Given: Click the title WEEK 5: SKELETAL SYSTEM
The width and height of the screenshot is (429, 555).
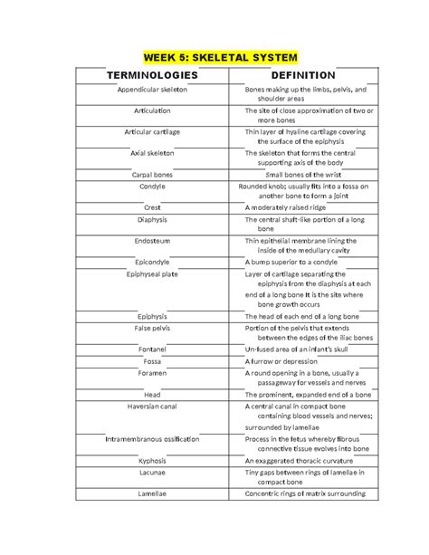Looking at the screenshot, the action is coord(215,56).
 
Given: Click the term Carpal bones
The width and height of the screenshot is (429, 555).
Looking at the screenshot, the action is coord(152,174).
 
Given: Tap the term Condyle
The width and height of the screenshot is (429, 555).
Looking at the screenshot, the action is coord(152,186).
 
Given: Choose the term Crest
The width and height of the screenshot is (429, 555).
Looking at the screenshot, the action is coord(152,207).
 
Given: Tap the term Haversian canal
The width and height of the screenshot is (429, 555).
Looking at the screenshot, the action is coord(152,407).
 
